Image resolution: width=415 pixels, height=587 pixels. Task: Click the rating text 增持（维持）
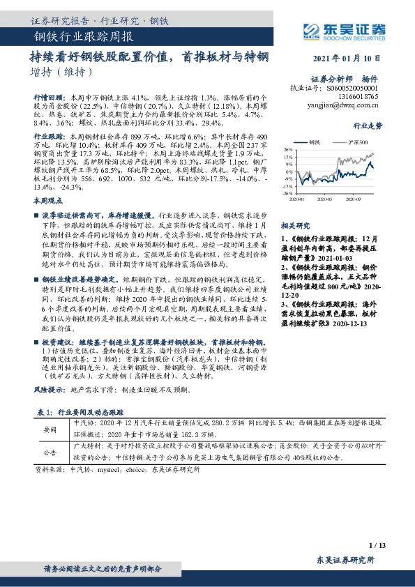[61, 73]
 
